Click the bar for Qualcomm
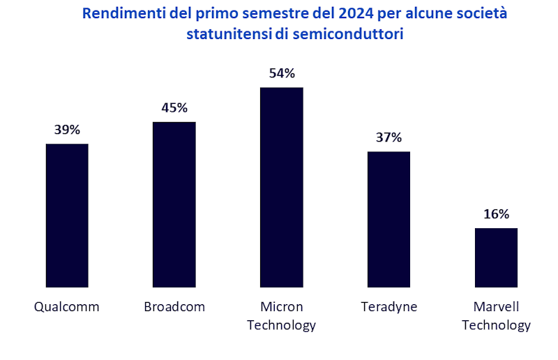[x=67, y=215]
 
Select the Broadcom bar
[x=174, y=204]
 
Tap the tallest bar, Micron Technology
[x=281, y=187]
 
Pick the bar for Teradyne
[x=389, y=219]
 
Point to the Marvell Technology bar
[x=496, y=257]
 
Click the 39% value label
[x=67, y=130]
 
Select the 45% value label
[x=174, y=107]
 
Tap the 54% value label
[x=281, y=73]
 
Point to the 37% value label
[x=389, y=137]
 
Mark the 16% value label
[x=496, y=213]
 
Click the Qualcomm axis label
[x=67, y=307]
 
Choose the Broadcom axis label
[x=174, y=307]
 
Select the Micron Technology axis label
[x=281, y=316]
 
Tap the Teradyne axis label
[x=389, y=307]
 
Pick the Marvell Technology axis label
[x=496, y=316]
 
